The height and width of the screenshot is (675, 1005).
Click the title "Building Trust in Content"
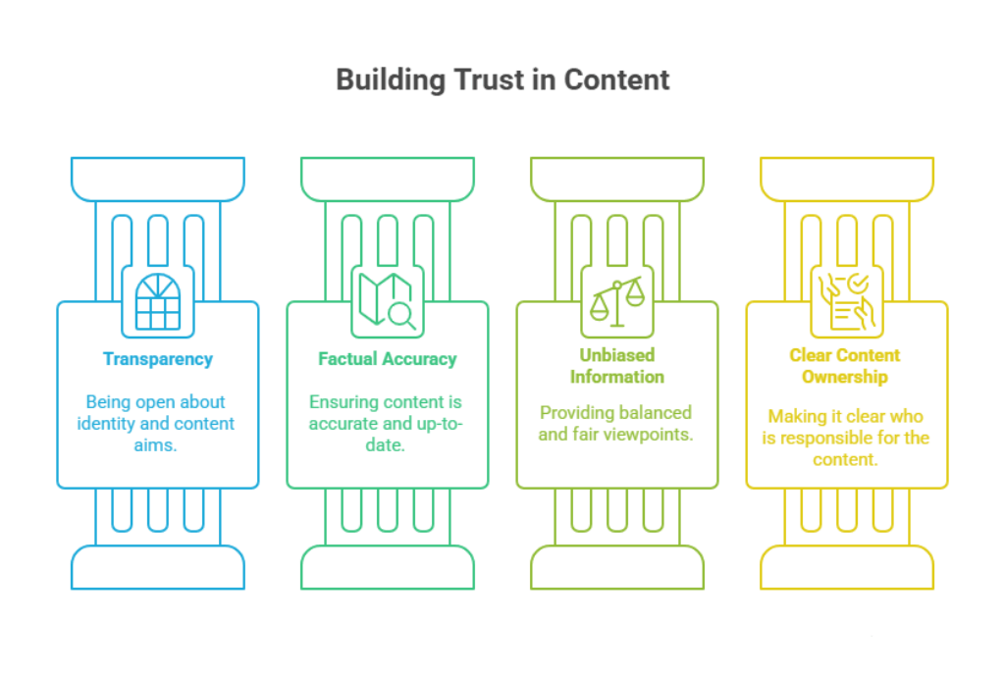[502, 79]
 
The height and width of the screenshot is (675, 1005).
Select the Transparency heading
[158, 359]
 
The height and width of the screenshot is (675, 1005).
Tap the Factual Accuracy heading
[388, 359]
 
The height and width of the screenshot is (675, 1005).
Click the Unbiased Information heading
[617, 366]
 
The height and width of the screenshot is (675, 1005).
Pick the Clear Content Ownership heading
[845, 366]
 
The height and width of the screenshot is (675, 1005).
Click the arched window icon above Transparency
[158, 301]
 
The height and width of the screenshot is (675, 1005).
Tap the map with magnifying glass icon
[388, 301]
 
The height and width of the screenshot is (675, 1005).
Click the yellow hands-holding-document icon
[846, 301]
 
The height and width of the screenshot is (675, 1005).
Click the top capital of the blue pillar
[158, 179]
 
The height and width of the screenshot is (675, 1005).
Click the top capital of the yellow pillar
[847, 179]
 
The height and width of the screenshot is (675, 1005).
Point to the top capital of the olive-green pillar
[617, 179]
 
